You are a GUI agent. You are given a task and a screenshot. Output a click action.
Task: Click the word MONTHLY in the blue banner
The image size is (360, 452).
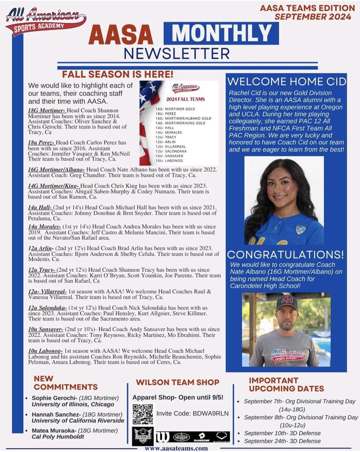click(x=221, y=33)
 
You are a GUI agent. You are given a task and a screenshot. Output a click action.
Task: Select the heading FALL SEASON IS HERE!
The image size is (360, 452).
click(x=117, y=74)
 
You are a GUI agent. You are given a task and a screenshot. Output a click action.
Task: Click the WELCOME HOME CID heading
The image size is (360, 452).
click(x=286, y=82)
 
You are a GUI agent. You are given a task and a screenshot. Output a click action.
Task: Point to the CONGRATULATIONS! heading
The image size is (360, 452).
click(x=285, y=255)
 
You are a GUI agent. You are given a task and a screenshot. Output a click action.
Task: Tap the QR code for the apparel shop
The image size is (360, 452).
click(x=142, y=414)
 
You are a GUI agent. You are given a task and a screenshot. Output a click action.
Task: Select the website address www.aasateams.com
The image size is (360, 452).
click(x=176, y=448)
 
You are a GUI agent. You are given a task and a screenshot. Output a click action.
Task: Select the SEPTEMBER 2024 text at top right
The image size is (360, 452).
click(x=313, y=17)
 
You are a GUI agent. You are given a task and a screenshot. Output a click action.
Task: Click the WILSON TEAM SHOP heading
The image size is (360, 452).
click(x=178, y=382)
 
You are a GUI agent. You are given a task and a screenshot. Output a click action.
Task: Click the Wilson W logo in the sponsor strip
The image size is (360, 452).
click(x=162, y=437)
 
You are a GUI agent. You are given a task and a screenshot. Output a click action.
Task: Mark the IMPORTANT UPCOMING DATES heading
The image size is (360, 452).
click(x=286, y=384)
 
